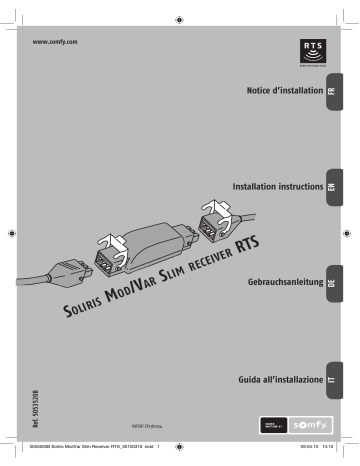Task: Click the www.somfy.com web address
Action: (56, 44)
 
